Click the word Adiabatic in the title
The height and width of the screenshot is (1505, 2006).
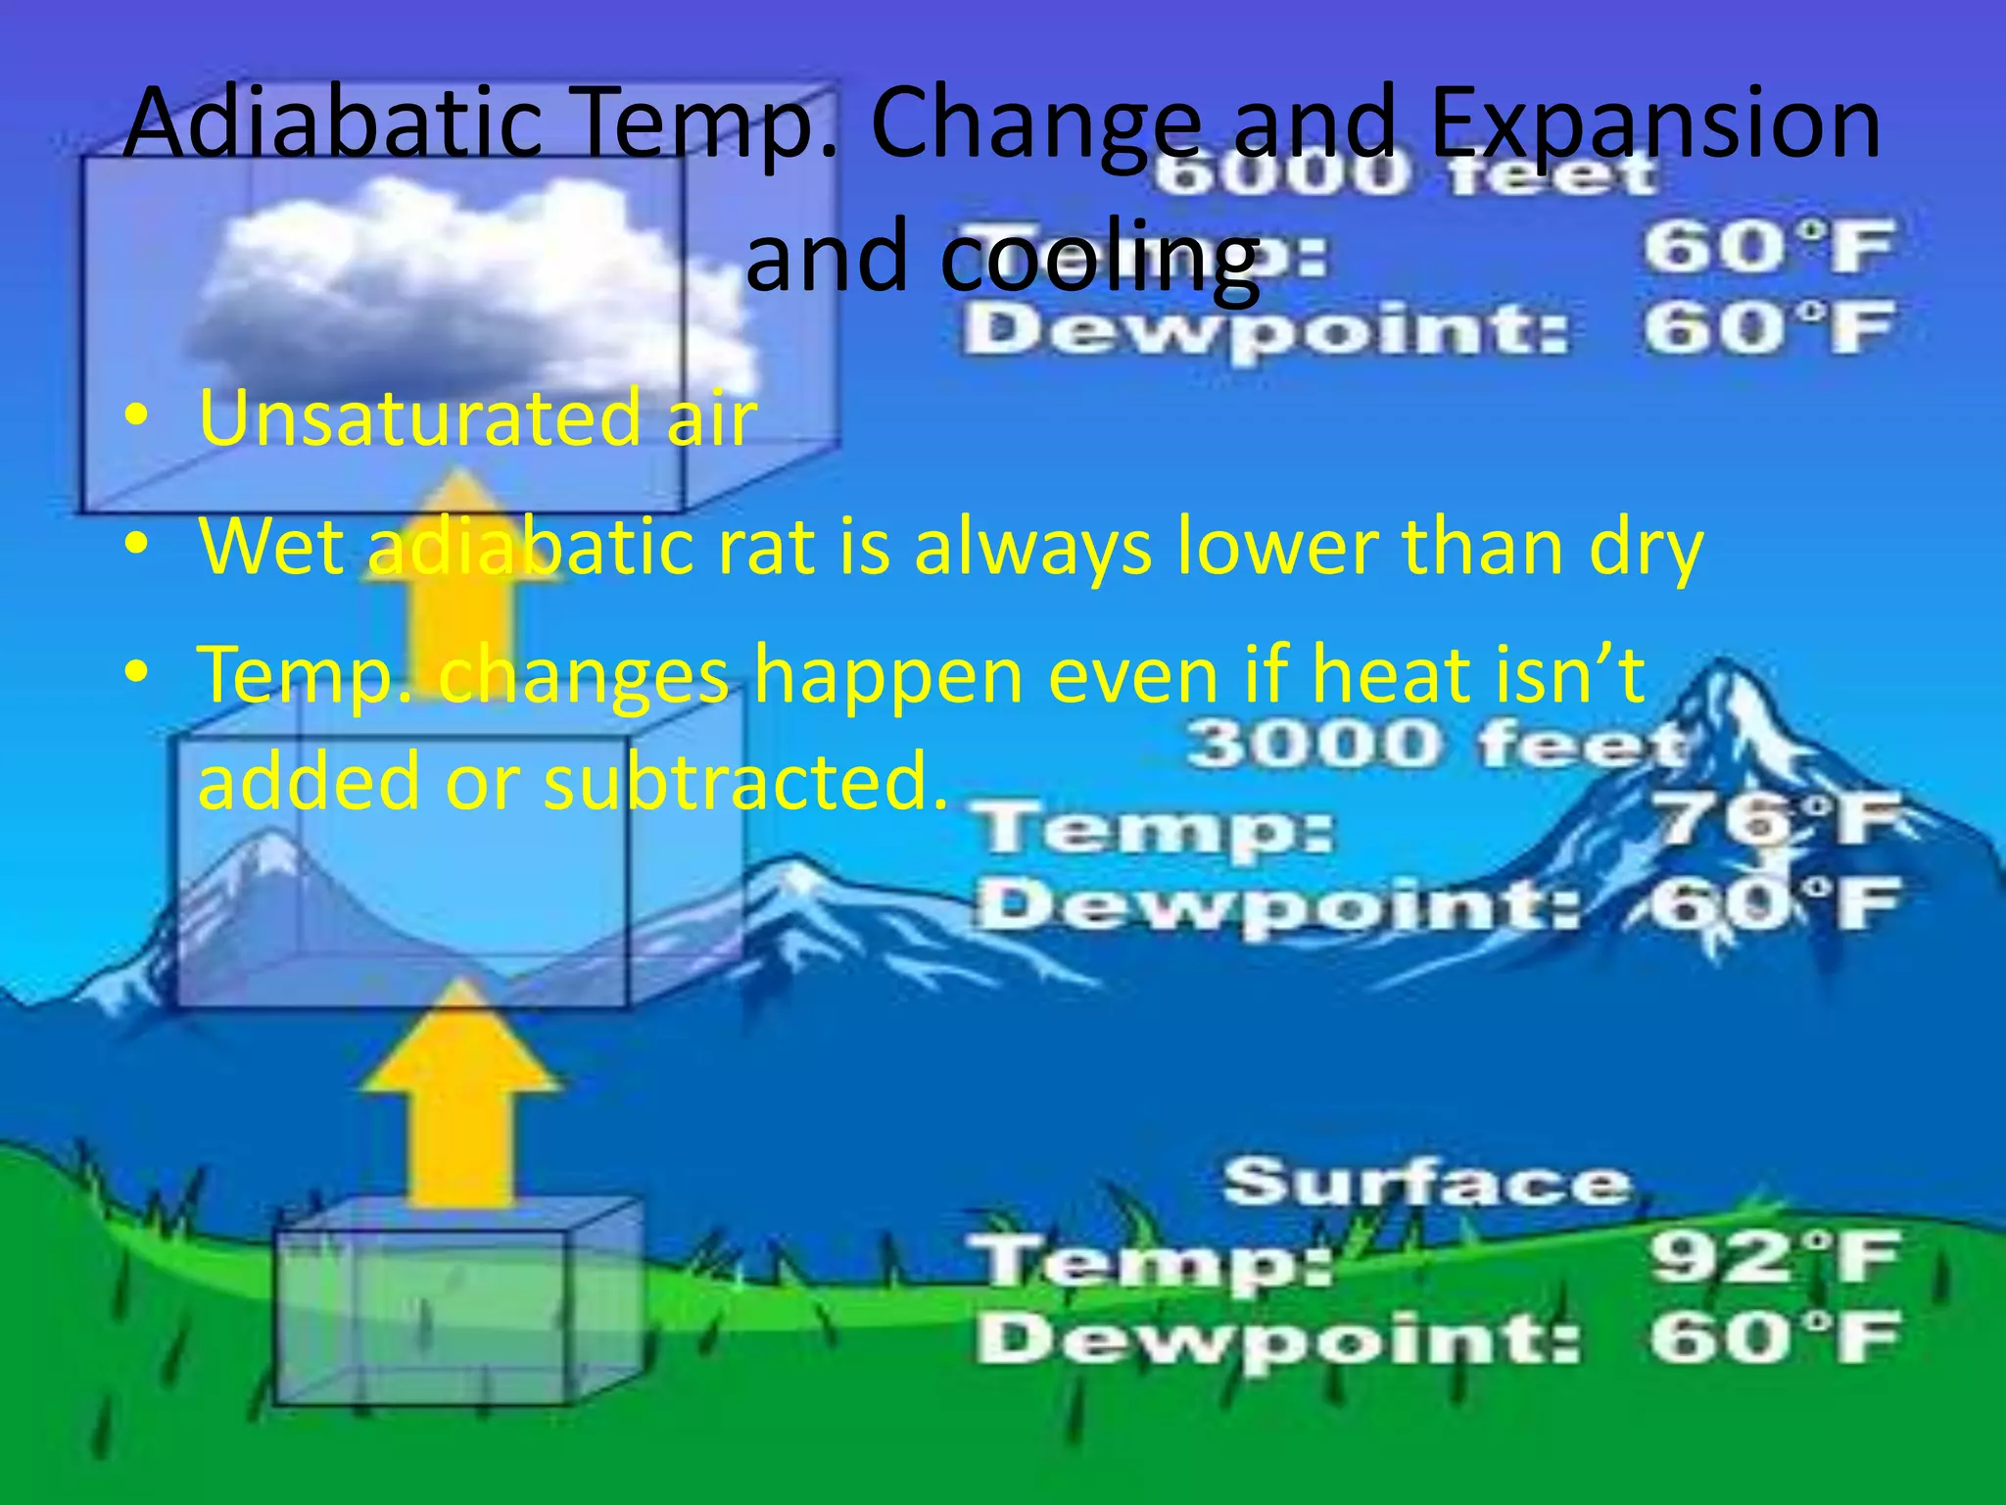pyautogui.click(x=333, y=125)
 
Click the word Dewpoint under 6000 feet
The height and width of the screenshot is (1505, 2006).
pyautogui.click(x=1264, y=330)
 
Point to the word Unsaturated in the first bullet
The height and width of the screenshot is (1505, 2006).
pyautogui.click(x=421, y=418)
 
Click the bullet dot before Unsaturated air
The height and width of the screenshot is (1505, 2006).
pyautogui.click(x=136, y=419)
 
